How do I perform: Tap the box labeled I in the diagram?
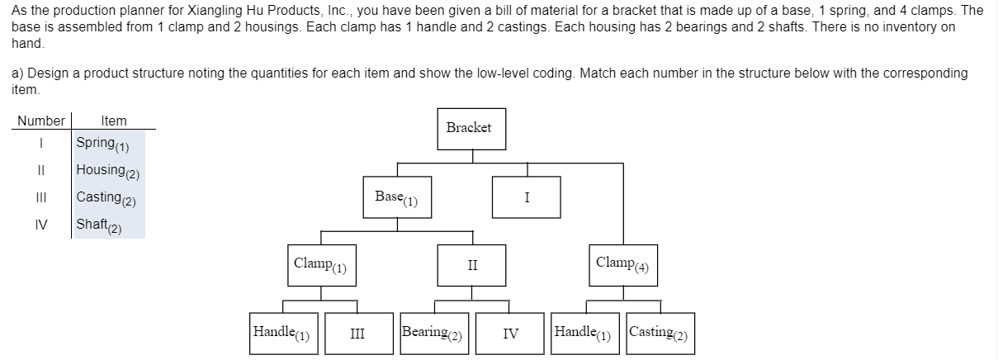526,197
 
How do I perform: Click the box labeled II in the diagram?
471,265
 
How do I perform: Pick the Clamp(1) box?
321,265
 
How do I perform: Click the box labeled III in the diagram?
357,334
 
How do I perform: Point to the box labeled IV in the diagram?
510,334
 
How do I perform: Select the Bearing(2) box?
434,334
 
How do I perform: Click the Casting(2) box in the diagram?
660,334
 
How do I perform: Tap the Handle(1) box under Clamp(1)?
282,334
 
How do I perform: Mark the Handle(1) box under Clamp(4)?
585,334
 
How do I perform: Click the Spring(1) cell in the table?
108,144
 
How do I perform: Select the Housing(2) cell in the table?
108,171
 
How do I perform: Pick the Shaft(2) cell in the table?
108,225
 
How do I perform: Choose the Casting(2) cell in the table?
108,198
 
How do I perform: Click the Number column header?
41,121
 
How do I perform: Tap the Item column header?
113,121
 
